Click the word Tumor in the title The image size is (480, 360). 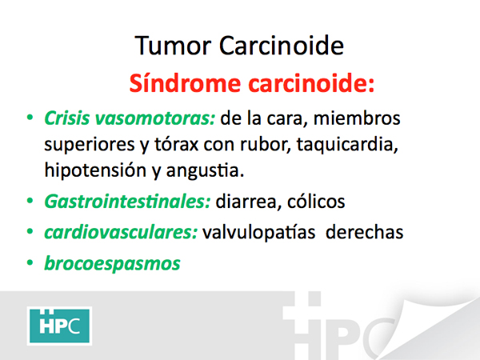tap(173, 46)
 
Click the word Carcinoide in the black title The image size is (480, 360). tap(282, 46)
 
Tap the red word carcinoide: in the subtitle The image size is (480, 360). tap(311, 82)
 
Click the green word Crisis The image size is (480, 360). tap(67, 118)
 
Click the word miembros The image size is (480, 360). tap(357, 118)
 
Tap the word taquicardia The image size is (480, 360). tap(347, 145)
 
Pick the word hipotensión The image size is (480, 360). tap(95, 170)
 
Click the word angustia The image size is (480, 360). tap(205, 171)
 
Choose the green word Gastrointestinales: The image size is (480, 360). tap(127, 202)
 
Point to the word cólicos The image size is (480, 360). tap(316, 202)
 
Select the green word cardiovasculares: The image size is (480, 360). tap(121, 232)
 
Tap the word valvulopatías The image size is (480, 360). tap(258, 233)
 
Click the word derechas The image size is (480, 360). tap(364, 232)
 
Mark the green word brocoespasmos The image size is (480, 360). tap(112, 263)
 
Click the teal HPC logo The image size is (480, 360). tap(60, 326)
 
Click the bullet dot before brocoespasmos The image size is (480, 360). tap(30, 262)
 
